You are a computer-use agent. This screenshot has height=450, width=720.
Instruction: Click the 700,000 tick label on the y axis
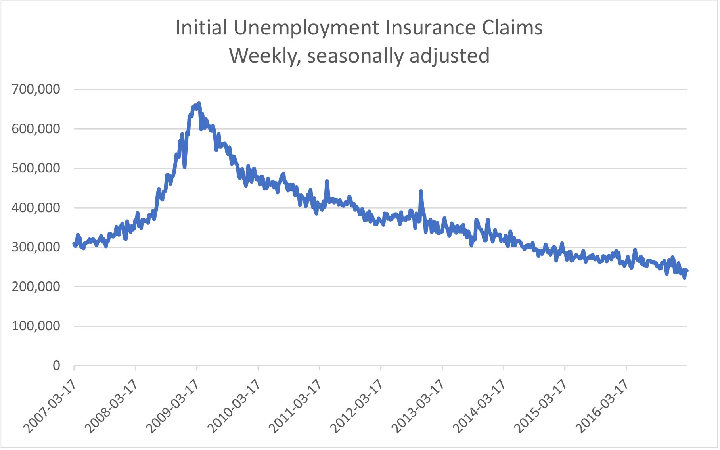pos(36,89)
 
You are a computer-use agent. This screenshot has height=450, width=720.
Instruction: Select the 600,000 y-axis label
pos(36,129)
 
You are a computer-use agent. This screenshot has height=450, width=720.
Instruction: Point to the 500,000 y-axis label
pos(36,168)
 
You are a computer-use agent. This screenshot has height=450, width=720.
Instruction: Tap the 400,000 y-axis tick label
pos(36,207)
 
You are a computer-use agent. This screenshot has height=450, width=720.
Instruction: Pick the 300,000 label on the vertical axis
pos(36,247)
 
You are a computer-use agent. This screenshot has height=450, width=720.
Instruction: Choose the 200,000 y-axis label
pos(36,286)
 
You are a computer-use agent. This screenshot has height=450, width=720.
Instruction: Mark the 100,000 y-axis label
pos(36,326)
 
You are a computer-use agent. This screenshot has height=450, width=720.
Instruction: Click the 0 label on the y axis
pos(56,365)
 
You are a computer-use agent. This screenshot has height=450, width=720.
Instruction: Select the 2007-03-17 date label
pos(50,406)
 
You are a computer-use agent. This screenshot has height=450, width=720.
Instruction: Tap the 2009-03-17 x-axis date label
pos(172,406)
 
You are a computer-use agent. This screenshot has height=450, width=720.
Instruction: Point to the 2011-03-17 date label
pos(295,406)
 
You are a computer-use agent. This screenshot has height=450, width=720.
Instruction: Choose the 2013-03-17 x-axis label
pos(417,406)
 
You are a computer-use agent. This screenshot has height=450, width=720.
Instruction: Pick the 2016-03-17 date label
pos(601,406)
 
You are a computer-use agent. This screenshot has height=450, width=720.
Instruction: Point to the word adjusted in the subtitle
pos(450,56)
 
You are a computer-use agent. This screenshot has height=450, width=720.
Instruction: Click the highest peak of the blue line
pos(199,103)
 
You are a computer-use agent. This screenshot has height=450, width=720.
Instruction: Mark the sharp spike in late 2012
pos(421,191)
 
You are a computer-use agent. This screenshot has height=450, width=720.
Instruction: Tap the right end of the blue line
pos(687,271)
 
